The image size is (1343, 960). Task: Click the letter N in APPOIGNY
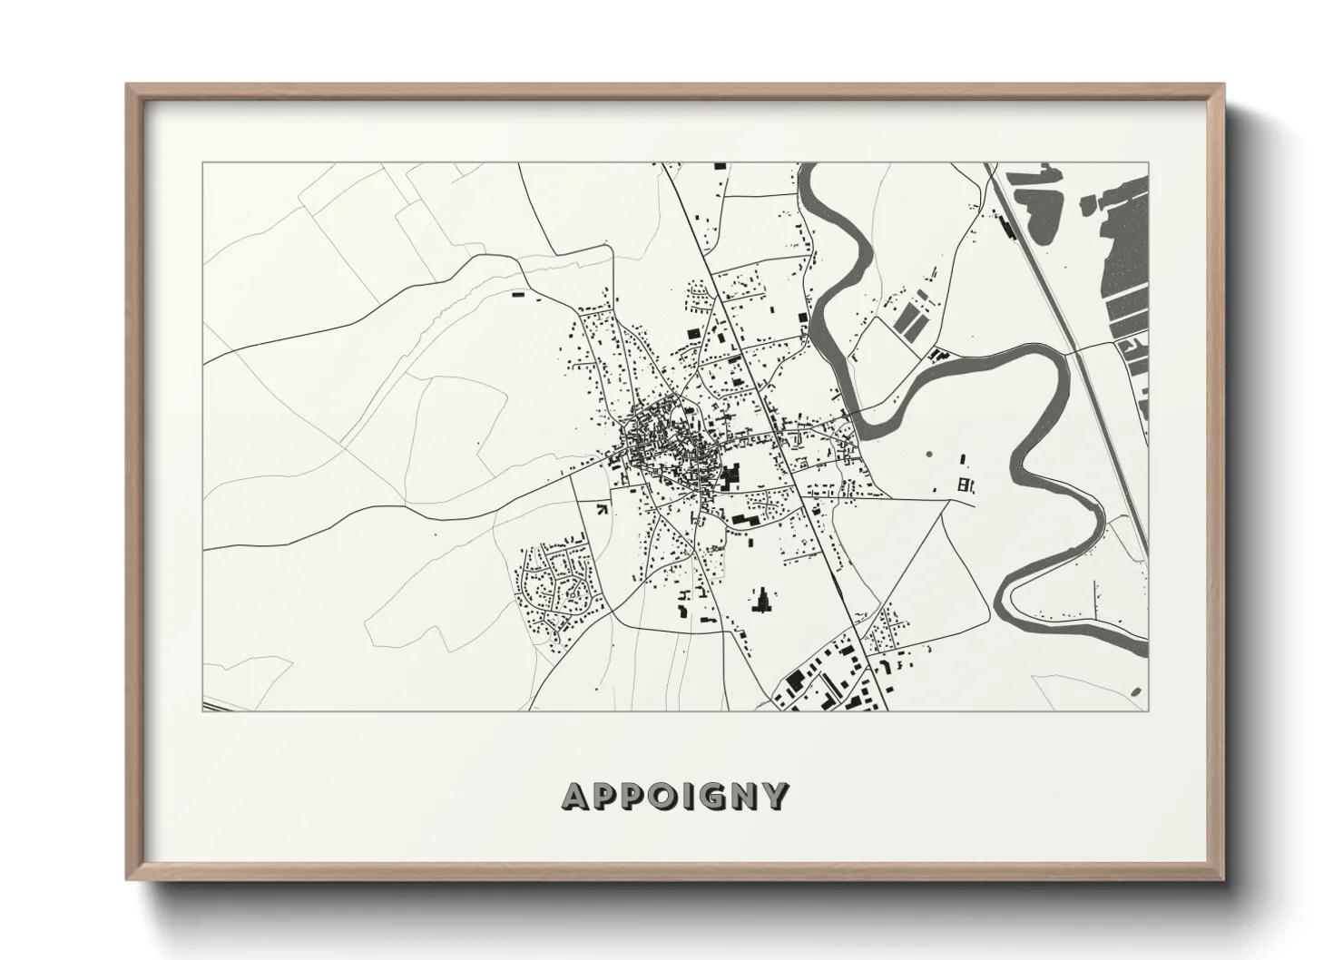click(x=746, y=797)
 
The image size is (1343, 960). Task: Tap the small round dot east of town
click(x=928, y=454)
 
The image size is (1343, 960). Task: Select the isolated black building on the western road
click(x=518, y=294)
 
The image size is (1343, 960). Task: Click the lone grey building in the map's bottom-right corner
click(x=1136, y=691)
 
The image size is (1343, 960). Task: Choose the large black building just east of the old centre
click(x=731, y=475)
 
